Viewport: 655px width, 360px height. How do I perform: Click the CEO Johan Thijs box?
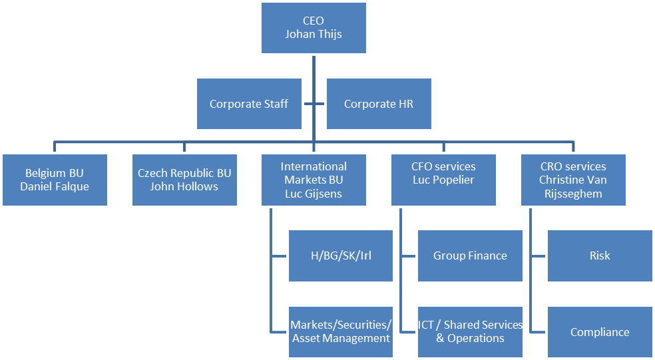coord(313,28)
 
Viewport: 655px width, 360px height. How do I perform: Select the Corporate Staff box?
coord(248,104)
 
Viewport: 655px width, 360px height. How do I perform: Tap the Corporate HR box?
coord(378,104)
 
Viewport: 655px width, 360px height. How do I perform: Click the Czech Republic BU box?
coord(184,180)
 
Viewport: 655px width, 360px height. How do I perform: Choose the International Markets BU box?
coord(313,180)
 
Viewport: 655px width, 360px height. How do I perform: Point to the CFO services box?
coord(443,180)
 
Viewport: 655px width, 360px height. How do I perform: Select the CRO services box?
coord(572,180)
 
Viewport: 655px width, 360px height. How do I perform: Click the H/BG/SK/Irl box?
coord(339,256)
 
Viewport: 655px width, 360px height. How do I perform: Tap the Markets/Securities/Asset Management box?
coord(339,331)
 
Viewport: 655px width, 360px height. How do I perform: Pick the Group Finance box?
coord(470,256)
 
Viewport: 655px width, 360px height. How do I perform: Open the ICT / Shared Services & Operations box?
coord(470,331)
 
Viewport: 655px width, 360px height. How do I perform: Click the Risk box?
coord(599,256)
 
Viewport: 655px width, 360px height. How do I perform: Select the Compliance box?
coord(599,332)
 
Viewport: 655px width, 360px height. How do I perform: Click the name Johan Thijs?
coord(313,34)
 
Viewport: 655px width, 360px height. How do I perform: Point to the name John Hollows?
coord(184,186)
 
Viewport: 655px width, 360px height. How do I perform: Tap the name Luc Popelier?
coord(443,180)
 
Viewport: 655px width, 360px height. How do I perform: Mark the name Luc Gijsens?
coord(313,193)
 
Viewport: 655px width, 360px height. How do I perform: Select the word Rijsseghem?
coord(572,194)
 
